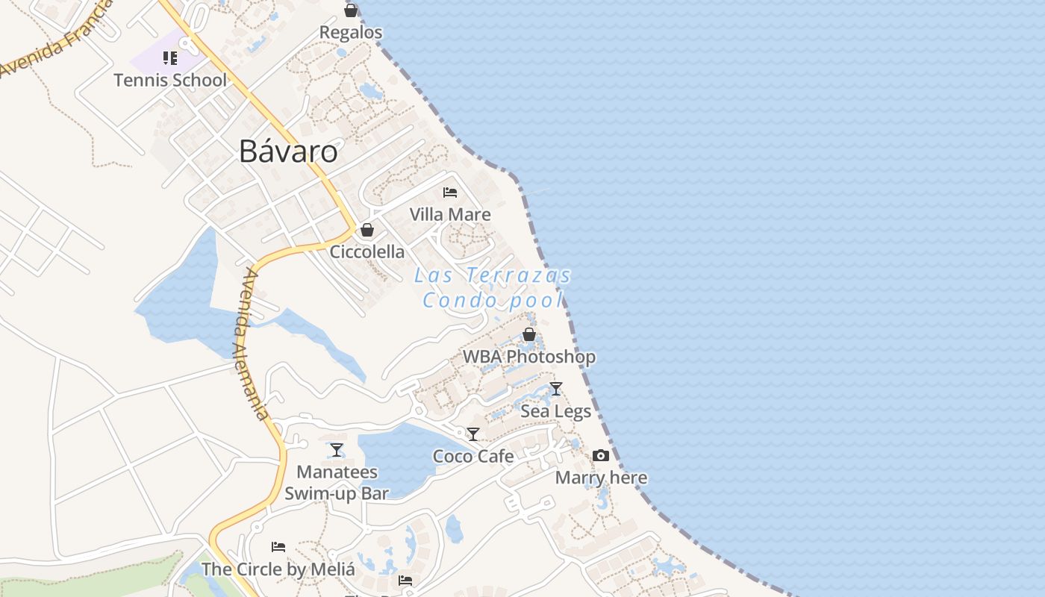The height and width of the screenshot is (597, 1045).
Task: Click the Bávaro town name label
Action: pyautogui.click(x=288, y=151)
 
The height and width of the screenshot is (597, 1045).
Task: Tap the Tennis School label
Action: pyautogui.click(x=170, y=80)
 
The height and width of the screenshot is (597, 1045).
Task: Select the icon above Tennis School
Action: pyautogui.click(x=170, y=58)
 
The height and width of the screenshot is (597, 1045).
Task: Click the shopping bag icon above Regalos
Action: pyautogui.click(x=351, y=10)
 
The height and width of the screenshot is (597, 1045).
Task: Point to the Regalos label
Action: pyautogui.click(x=351, y=32)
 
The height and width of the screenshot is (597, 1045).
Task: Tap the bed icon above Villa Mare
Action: pyautogui.click(x=450, y=193)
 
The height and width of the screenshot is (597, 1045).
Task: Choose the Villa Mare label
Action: pyautogui.click(x=450, y=214)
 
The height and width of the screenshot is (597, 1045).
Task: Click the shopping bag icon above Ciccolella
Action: pyautogui.click(x=367, y=230)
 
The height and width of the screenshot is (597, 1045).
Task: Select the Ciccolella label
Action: pyautogui.click(x=367, y=251)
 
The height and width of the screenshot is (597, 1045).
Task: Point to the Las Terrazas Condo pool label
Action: pyautogui.click(x=493, y=287)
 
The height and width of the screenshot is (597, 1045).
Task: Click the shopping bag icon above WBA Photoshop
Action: pyautogui.click(x=529, y=334)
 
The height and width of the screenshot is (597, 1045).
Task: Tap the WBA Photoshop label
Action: pyautogui.click(x=529, y=357)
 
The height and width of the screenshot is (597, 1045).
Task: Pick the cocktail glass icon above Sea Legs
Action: pyautogui.click(x=556, y=389)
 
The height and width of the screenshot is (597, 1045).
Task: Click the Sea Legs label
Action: pyautogui.click(x=556, y=411)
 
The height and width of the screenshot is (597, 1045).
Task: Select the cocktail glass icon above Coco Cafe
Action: pyautogui.click(x=473, y=434)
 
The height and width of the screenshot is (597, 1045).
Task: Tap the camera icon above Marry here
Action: pyautogui.click(x=601, y=455)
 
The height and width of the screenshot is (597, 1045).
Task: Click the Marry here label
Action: pyautogui.click(x=601, y=478)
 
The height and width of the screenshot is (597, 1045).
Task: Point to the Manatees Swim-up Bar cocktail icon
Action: pyautogui.click(x=337, y=450)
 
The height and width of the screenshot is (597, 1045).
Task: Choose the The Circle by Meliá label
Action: pyautogui.click(x=278, y=569)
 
